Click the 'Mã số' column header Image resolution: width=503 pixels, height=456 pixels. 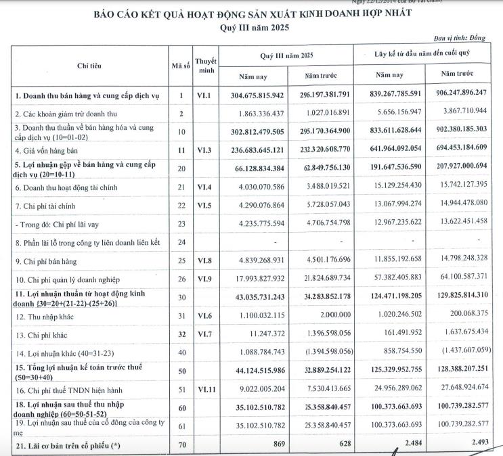point(181,66)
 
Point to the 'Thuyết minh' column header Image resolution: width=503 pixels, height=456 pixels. point(205,66)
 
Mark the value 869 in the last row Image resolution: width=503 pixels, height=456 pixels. point(275,444)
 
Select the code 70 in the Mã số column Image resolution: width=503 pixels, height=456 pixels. point(181,444)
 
